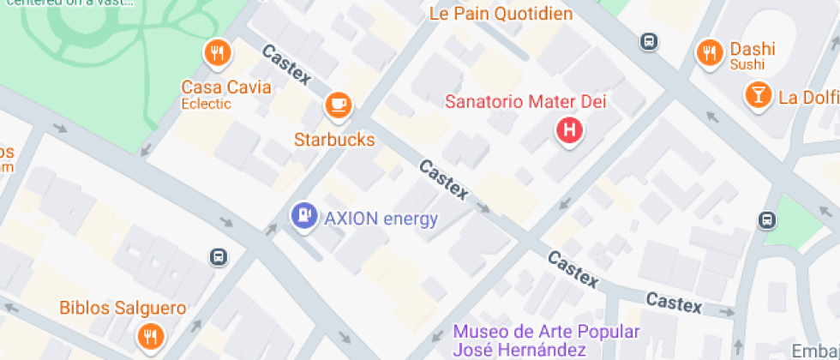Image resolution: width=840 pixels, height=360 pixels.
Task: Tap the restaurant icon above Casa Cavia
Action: [218, 54]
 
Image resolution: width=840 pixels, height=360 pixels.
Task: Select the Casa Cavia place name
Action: [226, 87]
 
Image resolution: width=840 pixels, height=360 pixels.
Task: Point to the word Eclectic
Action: [207, 104]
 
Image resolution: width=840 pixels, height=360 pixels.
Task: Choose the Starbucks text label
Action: [334, 139]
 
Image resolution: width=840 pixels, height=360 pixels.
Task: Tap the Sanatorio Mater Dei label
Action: [525, 102]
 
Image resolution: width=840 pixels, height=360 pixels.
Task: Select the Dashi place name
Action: [752, 49]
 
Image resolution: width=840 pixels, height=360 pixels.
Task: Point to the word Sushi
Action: [747, 65]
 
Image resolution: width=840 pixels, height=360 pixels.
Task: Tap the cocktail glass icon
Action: [758, 95]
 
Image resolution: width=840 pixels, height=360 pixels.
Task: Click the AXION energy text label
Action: [381, 218]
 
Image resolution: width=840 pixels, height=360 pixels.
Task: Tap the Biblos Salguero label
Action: [123, 308]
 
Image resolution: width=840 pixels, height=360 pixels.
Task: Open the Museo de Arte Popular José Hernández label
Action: [546, 340]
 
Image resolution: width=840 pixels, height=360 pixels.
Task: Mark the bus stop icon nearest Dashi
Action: [649, 40]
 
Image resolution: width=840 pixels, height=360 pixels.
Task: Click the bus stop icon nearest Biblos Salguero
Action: [218, 256]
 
